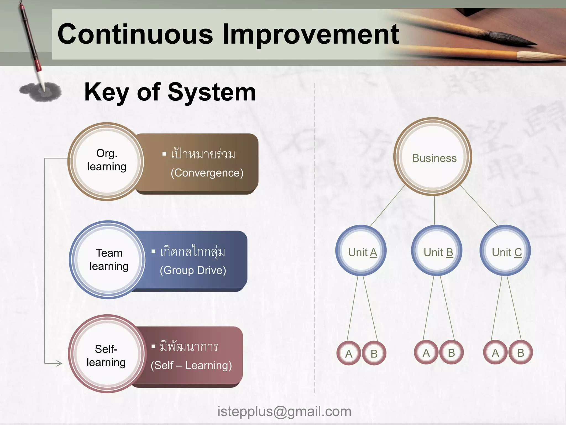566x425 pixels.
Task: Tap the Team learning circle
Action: click(x=108, y=260)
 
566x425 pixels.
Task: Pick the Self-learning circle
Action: click(x=106, y=355)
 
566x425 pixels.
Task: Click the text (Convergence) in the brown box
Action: click(x=207, y=173)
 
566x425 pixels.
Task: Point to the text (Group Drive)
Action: click(x=193, y=270)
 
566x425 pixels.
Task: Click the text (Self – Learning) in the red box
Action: click(x=191, y=366)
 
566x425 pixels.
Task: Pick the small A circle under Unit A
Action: click(x=349, y=353)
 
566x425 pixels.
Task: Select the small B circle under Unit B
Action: click(x=451, y=353)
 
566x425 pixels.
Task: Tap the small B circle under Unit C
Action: click(x=521, y=353)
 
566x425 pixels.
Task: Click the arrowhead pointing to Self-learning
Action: click(x=59, y=363)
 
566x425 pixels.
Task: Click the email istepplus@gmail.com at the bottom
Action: click(x=284, y=411)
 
